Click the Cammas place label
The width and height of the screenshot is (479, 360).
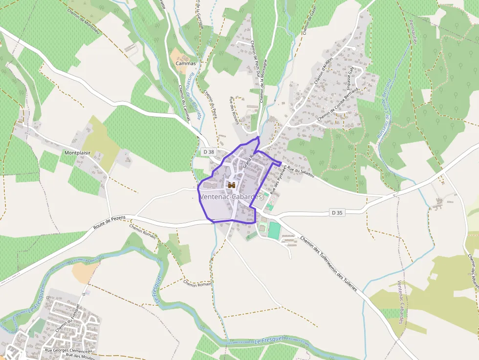[185, 64]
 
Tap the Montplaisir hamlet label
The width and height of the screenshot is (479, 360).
[77, 153]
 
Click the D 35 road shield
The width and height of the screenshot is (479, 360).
[337, 212]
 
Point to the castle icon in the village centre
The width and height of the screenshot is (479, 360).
[232, 185]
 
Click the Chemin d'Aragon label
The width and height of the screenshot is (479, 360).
[324, 71]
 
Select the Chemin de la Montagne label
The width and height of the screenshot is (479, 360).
[264, 80]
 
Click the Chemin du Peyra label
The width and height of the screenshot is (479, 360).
[210, 104]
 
